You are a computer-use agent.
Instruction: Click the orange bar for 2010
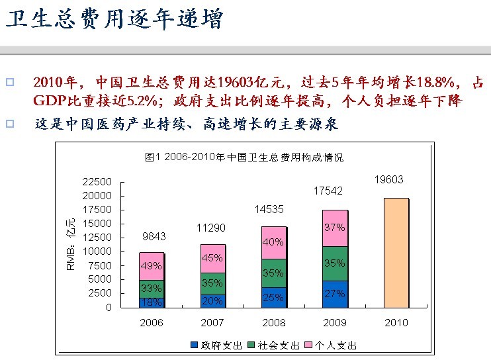[x=396, y=253]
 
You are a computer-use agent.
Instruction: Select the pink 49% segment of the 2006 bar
[x=152, y=266]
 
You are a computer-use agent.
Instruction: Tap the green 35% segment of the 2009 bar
[x=334, y=263]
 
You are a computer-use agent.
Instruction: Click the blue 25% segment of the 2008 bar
[x=273, y=298]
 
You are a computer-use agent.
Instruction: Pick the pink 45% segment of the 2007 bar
[x=212, y=259]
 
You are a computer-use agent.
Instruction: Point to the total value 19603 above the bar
[x=388, y=179]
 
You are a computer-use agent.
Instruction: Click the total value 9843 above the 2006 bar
[x=154, y=236]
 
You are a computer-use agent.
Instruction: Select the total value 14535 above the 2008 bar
[x=269, y=209]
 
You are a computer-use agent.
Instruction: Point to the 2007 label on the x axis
[x=212, y=323]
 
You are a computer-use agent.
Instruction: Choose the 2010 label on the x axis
[x=396, y=323]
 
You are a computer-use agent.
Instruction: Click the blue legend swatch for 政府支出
[x=194, y=345]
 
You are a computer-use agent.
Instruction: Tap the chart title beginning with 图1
[x=244, y=157]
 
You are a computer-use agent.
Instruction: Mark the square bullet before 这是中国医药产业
[x=10, y=123]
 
